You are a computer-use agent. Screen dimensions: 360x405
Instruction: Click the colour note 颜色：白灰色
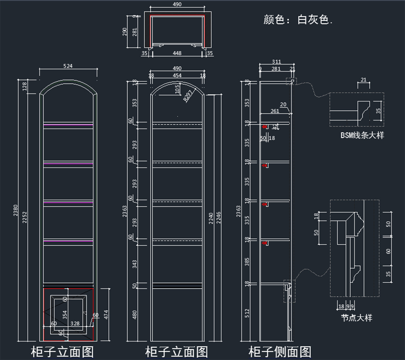(298, 20)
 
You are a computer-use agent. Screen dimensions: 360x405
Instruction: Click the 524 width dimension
(68, 66)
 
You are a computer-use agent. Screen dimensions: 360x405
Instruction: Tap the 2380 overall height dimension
(16, 211)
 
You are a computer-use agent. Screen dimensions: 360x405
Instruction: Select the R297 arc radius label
(188, 95)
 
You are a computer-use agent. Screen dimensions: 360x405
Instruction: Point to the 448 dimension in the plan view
(177, 53)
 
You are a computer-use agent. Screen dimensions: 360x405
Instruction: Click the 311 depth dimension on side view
(276, 62)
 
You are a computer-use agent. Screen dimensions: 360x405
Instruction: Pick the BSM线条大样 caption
(362, 135)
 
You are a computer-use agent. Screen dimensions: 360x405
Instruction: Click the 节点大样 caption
(356, 318)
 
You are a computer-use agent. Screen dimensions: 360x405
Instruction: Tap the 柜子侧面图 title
(280, 352)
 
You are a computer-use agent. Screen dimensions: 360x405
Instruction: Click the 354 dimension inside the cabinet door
(65, 315)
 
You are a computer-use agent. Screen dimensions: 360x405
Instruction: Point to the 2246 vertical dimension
(218, 218)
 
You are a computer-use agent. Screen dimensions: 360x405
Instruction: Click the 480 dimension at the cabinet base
(135, 315)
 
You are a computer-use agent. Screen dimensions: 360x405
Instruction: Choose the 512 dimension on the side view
(247, 313)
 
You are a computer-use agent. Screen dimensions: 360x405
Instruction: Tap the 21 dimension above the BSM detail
(363, 80)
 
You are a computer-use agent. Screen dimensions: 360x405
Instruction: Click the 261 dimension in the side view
(275, 111)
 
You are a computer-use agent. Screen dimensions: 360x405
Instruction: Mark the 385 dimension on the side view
(247, 261)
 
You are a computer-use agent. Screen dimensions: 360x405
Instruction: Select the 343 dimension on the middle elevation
(135, 264)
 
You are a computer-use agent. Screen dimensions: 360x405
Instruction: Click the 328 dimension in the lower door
(75, 324)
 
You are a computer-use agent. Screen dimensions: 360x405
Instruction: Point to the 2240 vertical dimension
(211, 218)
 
